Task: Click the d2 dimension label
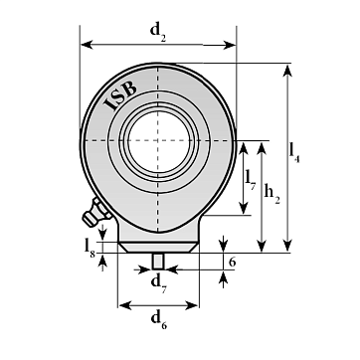158,32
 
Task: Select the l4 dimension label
294,152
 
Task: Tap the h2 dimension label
272,194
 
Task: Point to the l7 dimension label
251,179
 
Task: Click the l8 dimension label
90,248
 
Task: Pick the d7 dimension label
159,284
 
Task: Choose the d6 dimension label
159,320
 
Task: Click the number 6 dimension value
233,263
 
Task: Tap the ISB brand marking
120,95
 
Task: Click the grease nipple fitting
96,213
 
